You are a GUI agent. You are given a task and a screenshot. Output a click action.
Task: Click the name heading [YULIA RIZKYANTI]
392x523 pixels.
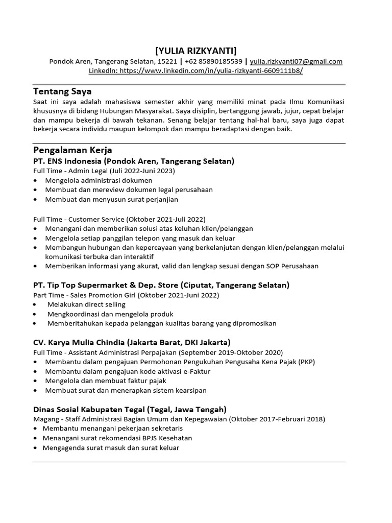196,50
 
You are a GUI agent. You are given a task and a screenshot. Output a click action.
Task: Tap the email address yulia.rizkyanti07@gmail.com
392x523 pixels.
296,61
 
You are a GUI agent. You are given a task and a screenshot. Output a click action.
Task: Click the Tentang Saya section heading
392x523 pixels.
62,91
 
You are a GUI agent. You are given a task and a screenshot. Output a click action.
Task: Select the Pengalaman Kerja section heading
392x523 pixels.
72,150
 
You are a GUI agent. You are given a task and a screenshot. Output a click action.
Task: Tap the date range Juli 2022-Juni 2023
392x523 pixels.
144,171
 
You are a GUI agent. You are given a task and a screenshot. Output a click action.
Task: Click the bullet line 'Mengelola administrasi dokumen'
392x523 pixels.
99,180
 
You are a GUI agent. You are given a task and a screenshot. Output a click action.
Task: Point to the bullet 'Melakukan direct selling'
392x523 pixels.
86,304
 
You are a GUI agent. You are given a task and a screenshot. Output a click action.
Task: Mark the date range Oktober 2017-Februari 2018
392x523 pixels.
277,419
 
